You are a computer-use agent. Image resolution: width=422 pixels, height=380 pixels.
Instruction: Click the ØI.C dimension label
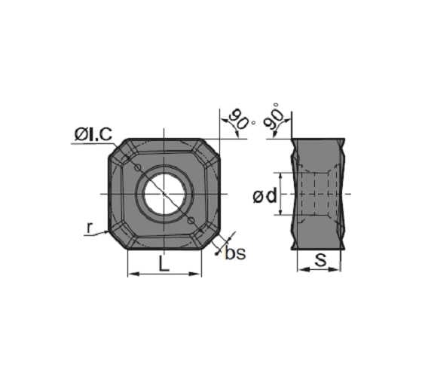[x=93, y=134]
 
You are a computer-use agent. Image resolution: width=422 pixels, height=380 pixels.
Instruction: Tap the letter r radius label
[x=90, y=225]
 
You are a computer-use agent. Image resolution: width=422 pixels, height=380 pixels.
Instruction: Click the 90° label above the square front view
[x=240, y=119]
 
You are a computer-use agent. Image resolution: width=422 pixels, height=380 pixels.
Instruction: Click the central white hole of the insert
[x=164, y=194]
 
